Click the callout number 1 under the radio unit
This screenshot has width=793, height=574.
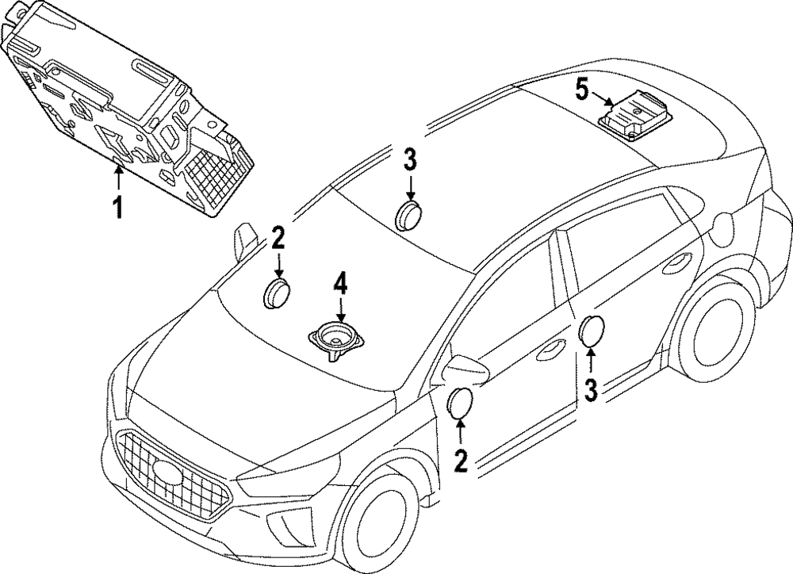[117, 209]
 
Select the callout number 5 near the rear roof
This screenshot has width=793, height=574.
[582, 90]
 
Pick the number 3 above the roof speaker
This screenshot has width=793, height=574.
[410, 159]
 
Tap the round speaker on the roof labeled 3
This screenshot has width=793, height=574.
[409, 213]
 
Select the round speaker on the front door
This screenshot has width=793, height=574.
[461, 403]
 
